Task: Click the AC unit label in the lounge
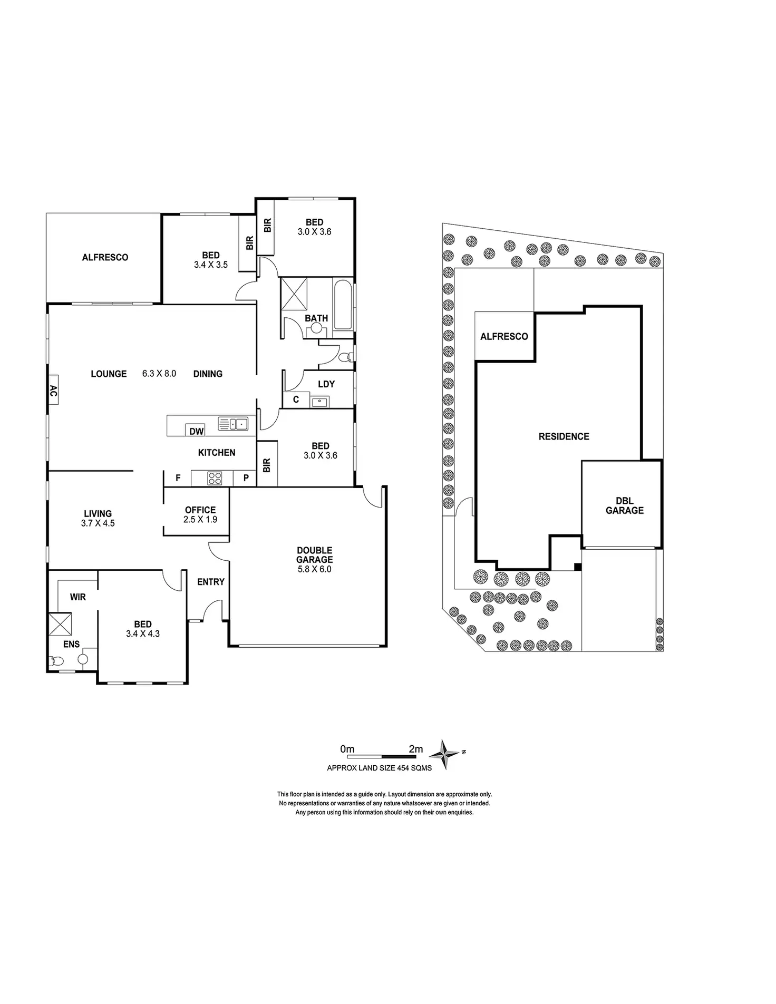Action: pos(53,390)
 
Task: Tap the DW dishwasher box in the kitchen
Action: pos(196,431)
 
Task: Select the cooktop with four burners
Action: pos(215,478)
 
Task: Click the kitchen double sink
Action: pos(234,423)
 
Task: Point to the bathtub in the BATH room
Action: pos(343,307)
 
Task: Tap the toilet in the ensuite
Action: pos(56,661)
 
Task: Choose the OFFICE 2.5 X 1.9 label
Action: pos(200,514)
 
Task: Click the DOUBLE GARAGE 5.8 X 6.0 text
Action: pos(314,559)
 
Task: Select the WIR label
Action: pos(78,597)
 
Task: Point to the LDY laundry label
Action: pos(326,384)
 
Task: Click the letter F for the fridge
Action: pos(178,478)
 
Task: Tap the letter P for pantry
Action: pos(246,478)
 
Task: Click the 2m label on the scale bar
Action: pos(415,749)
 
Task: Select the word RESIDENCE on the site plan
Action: pos(564,436)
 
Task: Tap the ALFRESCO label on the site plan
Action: pos(504,336)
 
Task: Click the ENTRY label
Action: pos(211,582)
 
